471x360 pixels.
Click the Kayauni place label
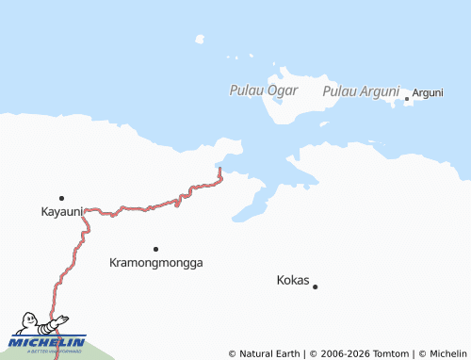(x=62, y=211)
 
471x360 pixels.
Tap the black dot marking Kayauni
(x=61, y=198)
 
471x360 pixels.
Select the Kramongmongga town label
(x=156, y=263)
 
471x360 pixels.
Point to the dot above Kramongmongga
(x=155, y=249)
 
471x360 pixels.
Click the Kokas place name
(x=292, y=281)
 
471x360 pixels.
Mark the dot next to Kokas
(x=316, y=286)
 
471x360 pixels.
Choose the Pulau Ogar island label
(x=264, y=90)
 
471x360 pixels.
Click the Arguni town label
(x=428, y=92)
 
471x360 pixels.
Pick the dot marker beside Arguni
(x=407, y=98)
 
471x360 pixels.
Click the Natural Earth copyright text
(x=266, y=353)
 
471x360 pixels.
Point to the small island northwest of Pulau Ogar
(x=200, y=40)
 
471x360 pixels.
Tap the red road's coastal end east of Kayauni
(x=219, y=171)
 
